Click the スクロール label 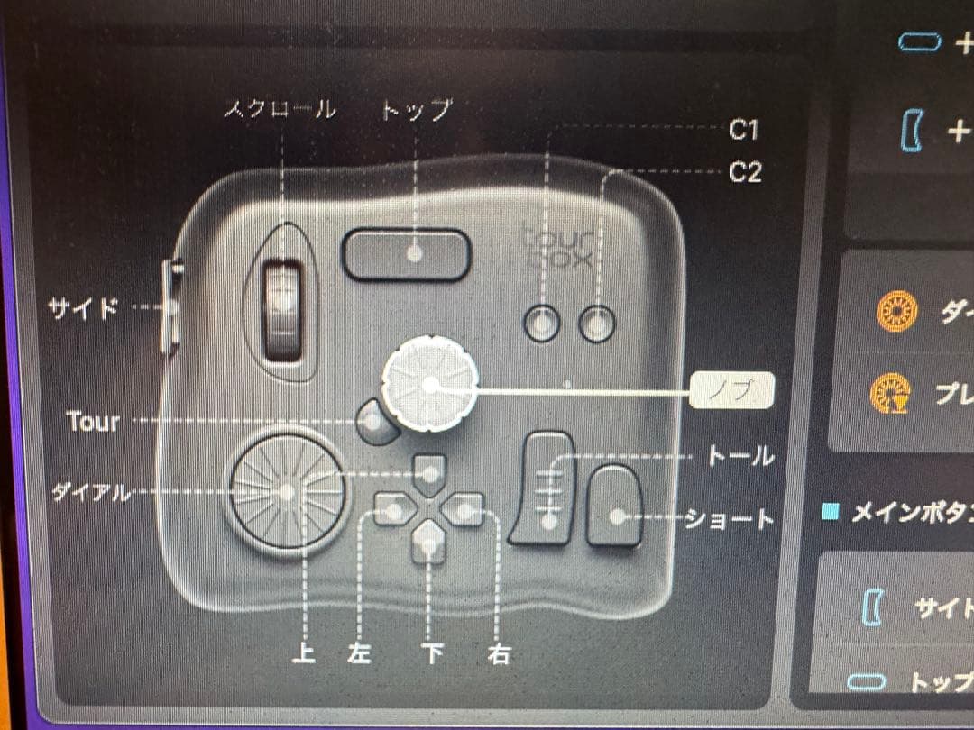[x=280, y=110]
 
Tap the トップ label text [x=415, y=110]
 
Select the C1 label [x=743, y=131]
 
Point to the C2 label [x=745, y=172]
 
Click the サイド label [x=83, y=308]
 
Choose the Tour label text [x=93, y=422]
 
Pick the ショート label [x=730, y=519]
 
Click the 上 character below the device [x=305, y=652]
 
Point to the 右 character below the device [x=498, y=652]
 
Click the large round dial [x=286, y=493]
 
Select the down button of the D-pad [x=429, y=543]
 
